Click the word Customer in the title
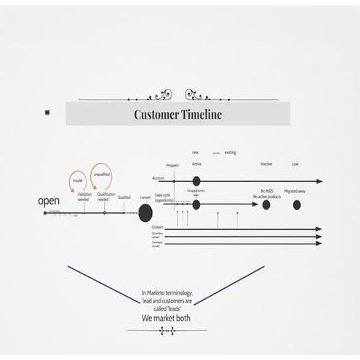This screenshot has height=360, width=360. [156, 114]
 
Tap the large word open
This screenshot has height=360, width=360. [49, 200]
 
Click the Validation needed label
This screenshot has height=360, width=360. [84, 197]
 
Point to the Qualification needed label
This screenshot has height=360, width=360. [105, 197]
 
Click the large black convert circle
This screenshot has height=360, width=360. [145, 212]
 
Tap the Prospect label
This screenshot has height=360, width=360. [172, 166]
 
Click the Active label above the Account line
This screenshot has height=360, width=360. [196, 164]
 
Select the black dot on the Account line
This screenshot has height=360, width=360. [196, 181]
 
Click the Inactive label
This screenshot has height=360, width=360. [266, 164]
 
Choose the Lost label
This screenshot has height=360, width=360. [295, 164]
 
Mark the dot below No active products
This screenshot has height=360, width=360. [266, 205]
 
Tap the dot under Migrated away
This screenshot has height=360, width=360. [297, 205]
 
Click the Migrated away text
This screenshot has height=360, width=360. [295, 191]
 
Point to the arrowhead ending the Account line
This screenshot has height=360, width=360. [319, 181]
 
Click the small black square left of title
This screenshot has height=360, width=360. [47, 112]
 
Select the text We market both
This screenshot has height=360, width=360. [167, 318]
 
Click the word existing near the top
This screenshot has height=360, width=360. [230, 153]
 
